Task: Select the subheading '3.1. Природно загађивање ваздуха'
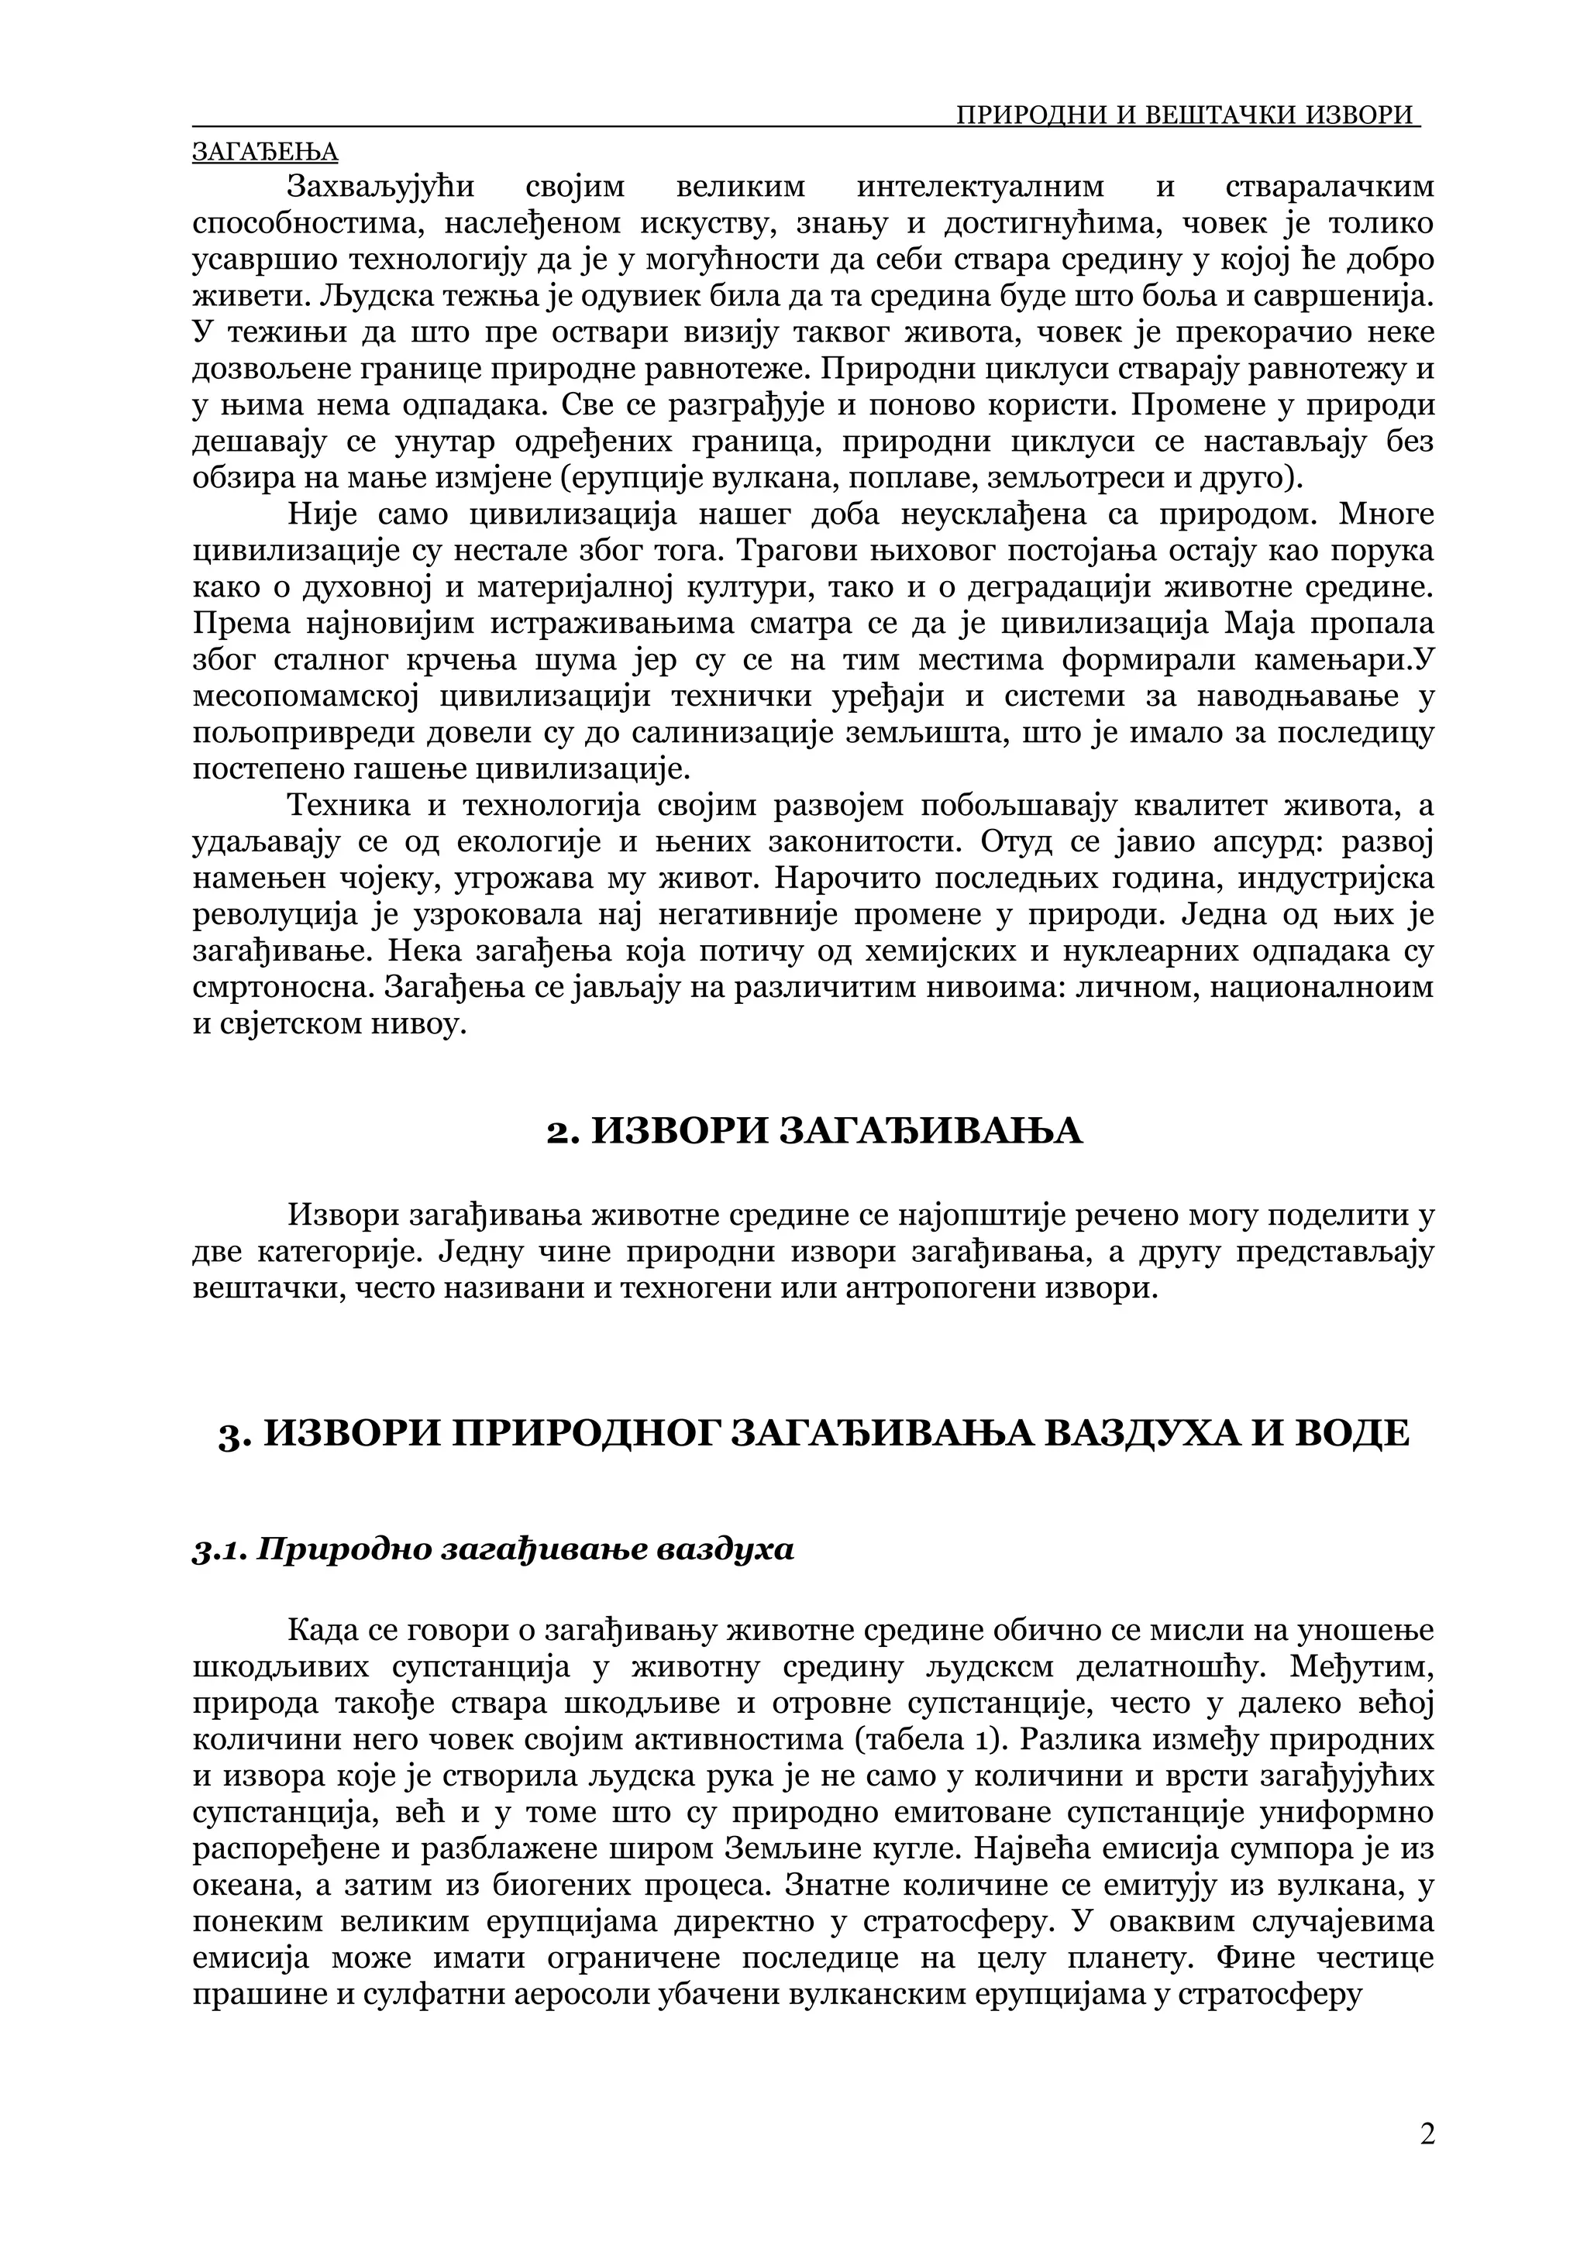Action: [x=493, y=1551]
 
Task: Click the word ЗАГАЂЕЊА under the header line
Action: [x=265, y=153]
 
